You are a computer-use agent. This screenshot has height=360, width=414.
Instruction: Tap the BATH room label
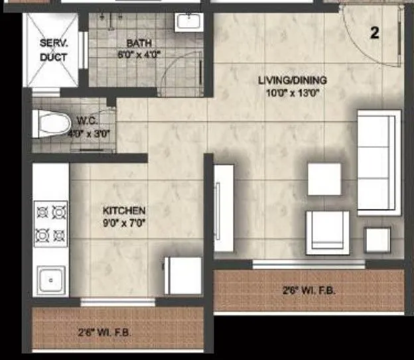coord(140,44)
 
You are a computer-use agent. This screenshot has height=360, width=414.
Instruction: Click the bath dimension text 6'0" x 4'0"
coord(140,54)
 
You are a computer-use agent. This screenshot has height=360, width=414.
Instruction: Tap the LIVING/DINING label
coord(293,81)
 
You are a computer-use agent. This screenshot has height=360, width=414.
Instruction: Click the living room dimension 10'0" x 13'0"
coord(293,93)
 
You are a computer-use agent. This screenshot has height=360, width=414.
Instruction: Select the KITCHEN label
coord(124,211)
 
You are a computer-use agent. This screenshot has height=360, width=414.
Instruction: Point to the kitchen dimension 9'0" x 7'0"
coord(124,223)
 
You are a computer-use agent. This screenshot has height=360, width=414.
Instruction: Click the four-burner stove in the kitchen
coord(51,223)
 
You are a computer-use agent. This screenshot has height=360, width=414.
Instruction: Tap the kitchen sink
coord(51,280)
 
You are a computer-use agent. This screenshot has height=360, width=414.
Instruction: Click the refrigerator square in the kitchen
coord(183,275)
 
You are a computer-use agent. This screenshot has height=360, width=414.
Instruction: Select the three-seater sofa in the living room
coord(379,162)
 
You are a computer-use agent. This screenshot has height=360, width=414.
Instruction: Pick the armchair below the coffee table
coord(326,232)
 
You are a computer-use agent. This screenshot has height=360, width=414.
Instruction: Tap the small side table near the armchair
coord(378,239)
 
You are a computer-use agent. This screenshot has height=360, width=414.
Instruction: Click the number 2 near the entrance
coord(375,33)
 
